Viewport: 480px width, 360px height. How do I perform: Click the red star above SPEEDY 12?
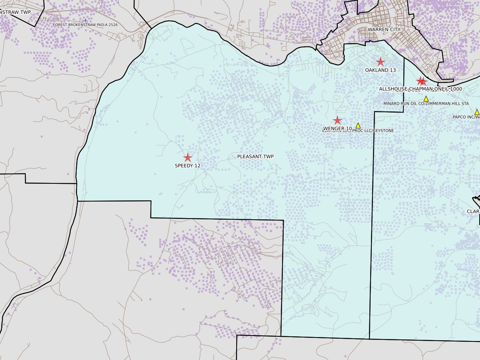tap(188, 158)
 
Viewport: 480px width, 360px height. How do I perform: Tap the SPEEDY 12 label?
tap(188, 166)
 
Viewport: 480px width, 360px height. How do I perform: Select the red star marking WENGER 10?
tap(337, 121)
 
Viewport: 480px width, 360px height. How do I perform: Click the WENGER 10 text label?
tap(337, 129)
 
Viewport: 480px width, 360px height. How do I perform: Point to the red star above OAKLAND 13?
tap(380, 62)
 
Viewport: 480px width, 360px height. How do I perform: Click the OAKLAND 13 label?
tap(380, 70)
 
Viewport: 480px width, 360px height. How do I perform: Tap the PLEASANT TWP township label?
tap(255, 157)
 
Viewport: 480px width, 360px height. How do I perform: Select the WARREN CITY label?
tap(384, 30)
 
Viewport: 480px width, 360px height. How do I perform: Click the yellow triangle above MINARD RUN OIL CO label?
tap(426, 99)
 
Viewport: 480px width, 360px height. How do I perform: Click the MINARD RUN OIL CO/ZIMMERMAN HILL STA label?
tap(426, 104)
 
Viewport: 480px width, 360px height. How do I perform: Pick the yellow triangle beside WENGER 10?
tap(358, 126)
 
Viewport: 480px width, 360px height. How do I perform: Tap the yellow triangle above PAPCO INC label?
tap(477, 112)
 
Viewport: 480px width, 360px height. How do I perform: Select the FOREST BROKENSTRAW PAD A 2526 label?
tap(85, 25)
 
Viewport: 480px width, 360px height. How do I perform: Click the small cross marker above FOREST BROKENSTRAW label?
tap(86, 20)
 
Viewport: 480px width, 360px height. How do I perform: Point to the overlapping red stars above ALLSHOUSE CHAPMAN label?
tap(422, 81)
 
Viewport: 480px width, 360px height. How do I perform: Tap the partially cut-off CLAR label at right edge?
tap(473, 211)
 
